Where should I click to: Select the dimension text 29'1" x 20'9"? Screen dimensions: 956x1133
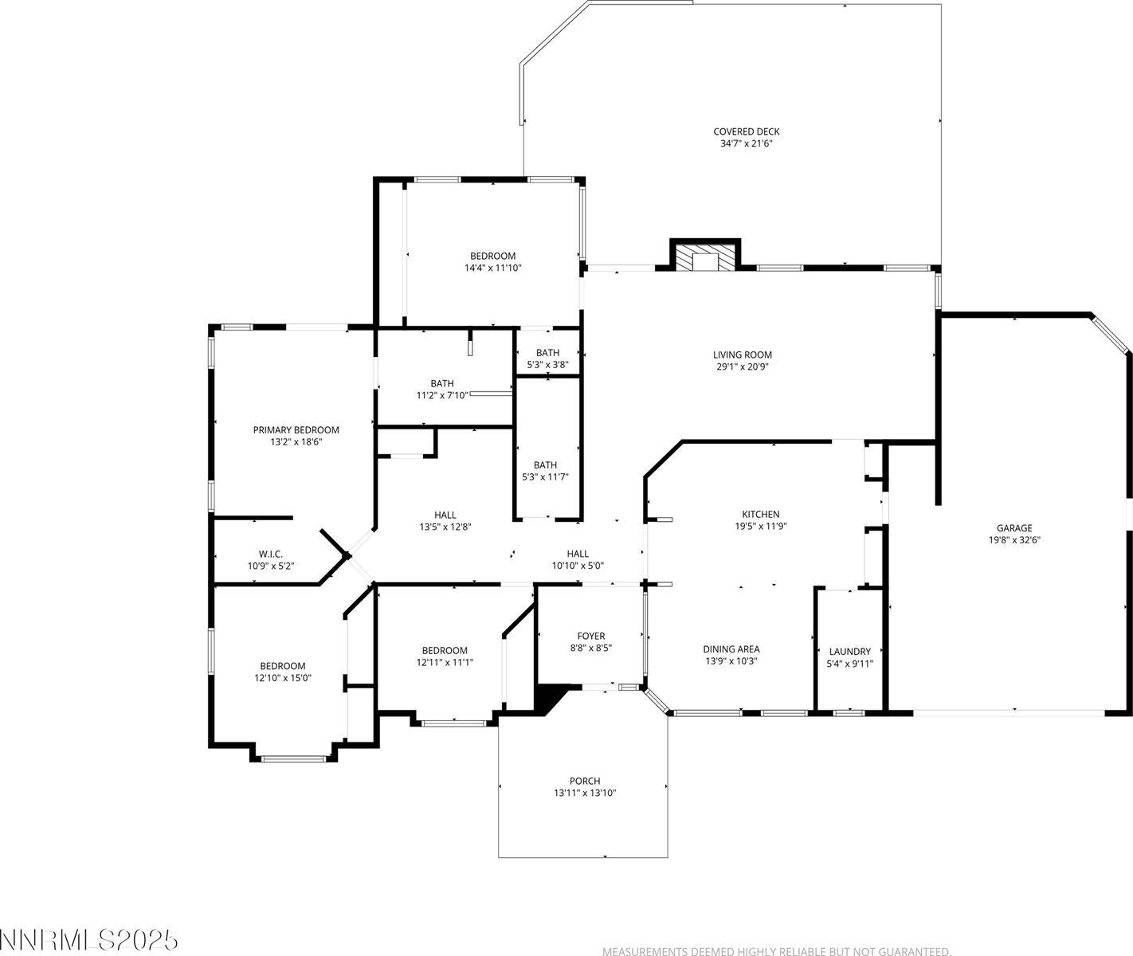(x=742, y=367)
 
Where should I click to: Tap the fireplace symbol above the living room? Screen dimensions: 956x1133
(x=705, y=257)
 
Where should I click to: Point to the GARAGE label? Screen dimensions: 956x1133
(x=1013, y=528)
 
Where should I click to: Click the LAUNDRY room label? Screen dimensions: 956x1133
(x=849, y=652)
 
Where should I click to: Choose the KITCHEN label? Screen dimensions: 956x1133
(x=760, y=515)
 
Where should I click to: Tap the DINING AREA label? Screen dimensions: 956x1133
(x=731, y=649)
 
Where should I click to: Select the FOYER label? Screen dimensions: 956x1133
(x=590, y=637)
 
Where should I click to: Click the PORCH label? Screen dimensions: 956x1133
(x=584, y=782)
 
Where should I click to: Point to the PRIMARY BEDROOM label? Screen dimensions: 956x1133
(x=296, y=430)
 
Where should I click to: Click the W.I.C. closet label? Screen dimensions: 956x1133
(x=270, y=554)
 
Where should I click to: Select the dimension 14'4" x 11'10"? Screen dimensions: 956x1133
(x=492, y=268)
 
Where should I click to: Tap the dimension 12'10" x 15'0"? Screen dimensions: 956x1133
(x=282, y=679)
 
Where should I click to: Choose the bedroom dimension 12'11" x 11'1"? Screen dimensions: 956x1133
(x=445, y=663)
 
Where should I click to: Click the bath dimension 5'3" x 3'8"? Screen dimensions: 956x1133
(x=547, y=365)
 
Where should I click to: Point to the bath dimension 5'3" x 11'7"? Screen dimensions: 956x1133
(x=545, y=477)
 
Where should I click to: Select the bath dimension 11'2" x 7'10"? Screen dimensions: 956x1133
(x=441, y=395)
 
